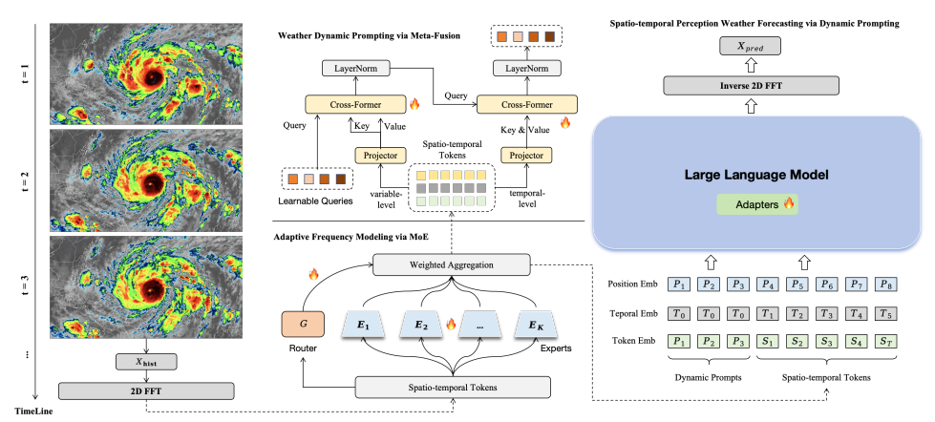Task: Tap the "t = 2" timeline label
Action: [24, 182]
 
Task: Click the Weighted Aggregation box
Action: [451, 264]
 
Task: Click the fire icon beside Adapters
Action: [790, 204]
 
